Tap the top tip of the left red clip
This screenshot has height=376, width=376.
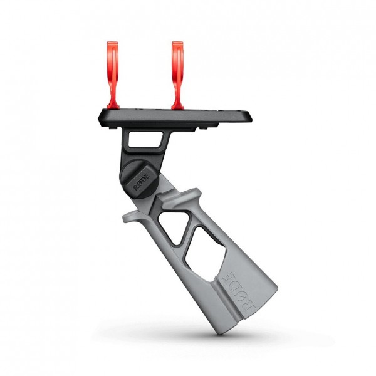(112, 42)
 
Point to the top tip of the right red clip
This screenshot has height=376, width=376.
(177, 42)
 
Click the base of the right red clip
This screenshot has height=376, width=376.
(177, 107)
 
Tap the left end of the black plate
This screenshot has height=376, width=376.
(99, 118)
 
